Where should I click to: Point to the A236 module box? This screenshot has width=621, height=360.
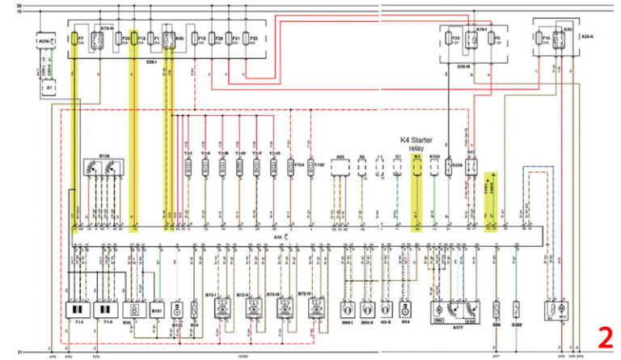[x=45, y=40]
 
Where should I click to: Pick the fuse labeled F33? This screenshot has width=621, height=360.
[x=253, y=39]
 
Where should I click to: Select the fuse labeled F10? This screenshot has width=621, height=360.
[x=546, y=40]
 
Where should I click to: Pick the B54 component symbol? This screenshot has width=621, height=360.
[x=406, y=309]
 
